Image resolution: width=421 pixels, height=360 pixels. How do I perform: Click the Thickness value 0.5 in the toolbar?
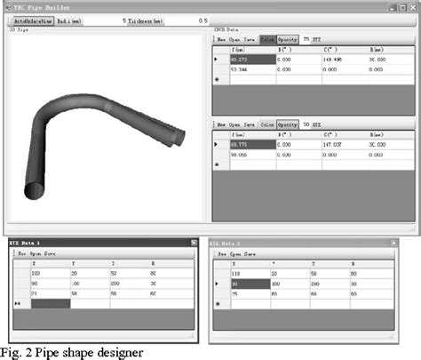click(x=203, y=20)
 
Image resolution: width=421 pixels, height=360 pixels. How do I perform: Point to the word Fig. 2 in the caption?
click(x=16, y=353)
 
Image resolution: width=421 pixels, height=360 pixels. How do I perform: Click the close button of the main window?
click(x=413, y=7)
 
